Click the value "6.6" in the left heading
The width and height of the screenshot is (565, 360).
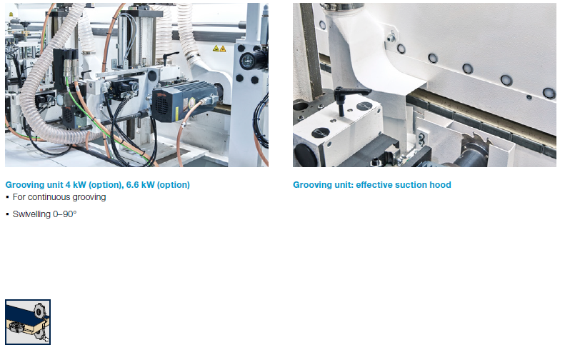pos(132,185)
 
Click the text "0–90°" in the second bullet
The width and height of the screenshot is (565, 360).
pos(65,214)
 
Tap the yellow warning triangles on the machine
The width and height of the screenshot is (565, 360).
pos(219,49)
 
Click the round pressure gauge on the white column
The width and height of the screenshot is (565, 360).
pos(248,61)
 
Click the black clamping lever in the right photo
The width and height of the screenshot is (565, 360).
pos(348,96)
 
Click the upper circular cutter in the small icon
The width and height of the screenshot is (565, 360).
pos(38,311)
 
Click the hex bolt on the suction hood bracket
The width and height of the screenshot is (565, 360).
pos(391,38)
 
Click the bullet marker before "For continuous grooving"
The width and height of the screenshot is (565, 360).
pos(7,197)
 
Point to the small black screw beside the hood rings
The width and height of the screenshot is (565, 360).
pos(529,97)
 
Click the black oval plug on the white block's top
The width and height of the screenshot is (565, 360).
pos(320,133)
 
